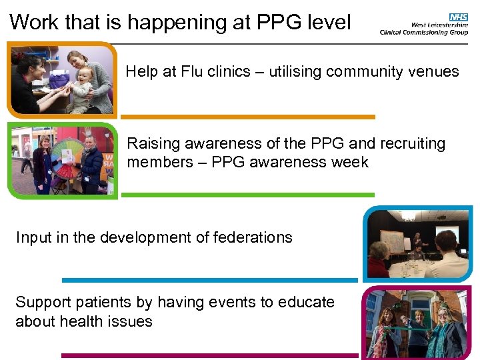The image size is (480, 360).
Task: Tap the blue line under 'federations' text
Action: [210, 280]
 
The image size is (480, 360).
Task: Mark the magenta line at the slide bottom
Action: [210, 355]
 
